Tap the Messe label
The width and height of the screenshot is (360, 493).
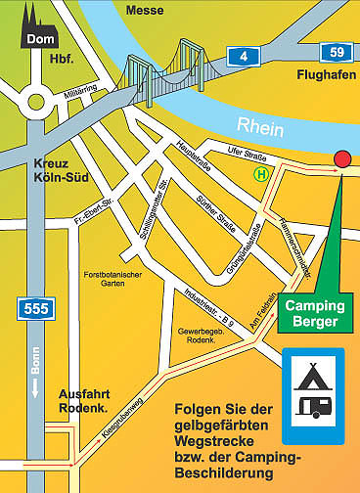click(145, 10)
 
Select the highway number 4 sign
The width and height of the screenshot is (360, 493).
click(242, 56)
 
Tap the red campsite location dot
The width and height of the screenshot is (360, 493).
click(341, 158)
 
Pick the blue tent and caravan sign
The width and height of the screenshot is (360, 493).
click(313, 385)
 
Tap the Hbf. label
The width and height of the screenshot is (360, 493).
click(61, 59)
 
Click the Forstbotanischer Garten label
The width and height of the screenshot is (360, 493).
click(115, 278)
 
